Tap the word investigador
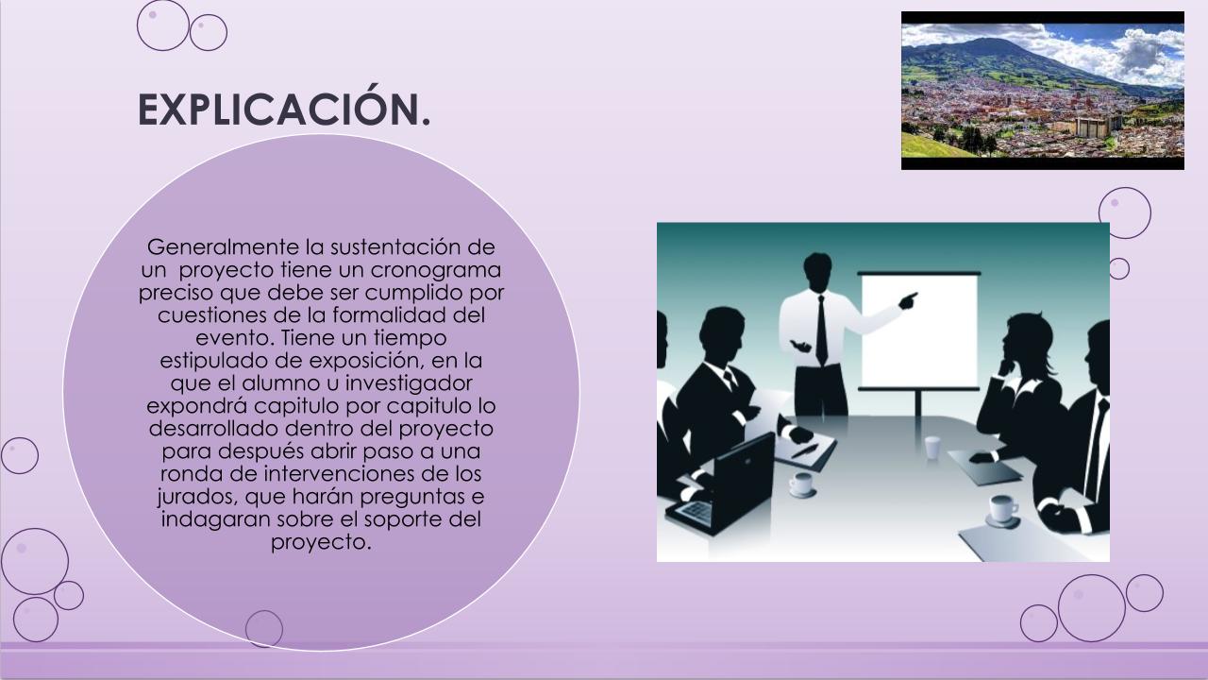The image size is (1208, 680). tap(409, 383)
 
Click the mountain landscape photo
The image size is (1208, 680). tap(1043, 90)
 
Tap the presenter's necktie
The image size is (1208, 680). tap(821, 331)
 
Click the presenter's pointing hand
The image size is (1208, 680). tap(908, 300)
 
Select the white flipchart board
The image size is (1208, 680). tap(919, 331)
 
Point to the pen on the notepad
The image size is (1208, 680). tap(805, 450)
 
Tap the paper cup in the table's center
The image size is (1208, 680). tap(932, 448)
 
